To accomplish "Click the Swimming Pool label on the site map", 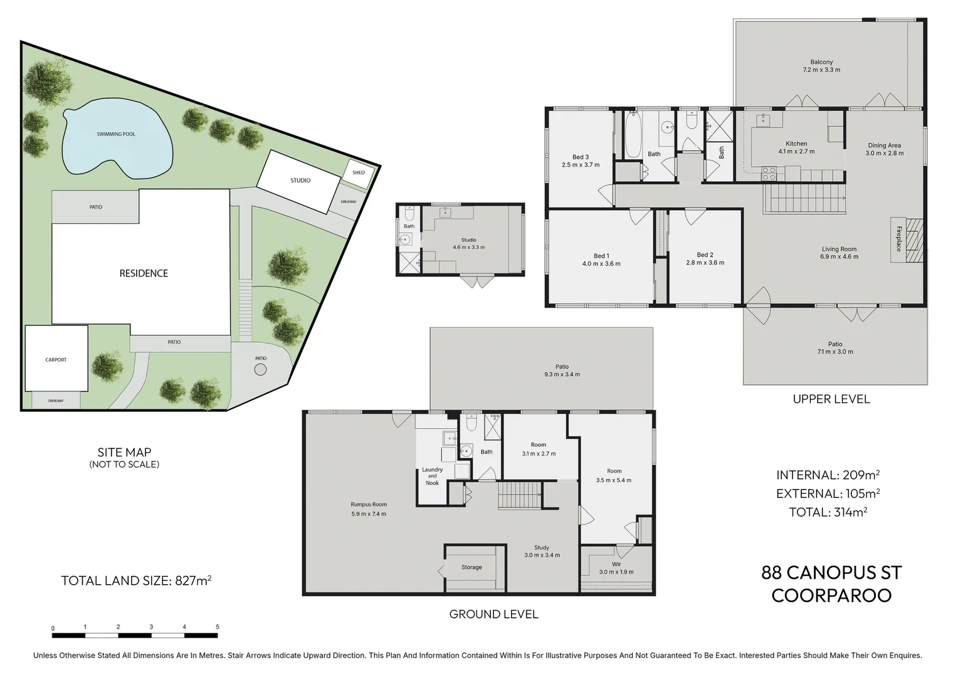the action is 116,134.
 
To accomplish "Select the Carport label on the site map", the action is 56,360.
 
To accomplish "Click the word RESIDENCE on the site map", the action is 144,273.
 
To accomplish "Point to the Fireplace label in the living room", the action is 898,239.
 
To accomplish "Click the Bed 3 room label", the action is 581,161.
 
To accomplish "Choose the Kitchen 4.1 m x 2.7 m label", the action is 796,147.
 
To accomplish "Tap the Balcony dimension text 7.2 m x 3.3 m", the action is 821,70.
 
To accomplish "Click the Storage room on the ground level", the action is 471,567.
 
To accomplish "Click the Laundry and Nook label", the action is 433,476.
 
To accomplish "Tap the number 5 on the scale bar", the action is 218,627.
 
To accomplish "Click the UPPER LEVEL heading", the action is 831,399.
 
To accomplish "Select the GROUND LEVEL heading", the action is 493,614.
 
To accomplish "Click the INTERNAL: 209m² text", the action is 828,475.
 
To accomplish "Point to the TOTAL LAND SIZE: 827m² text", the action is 136,580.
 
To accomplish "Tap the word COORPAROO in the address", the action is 831,596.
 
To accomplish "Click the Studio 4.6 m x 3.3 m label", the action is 469,244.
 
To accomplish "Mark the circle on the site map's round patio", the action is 260,369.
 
